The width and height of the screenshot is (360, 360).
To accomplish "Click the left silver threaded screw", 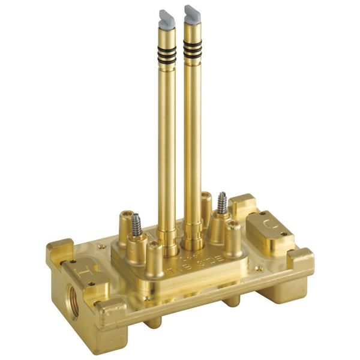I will coord(137,223).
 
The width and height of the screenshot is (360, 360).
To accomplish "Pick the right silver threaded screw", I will coord(221,203).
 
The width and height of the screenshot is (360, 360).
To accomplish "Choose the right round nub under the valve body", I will coord(233,301).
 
